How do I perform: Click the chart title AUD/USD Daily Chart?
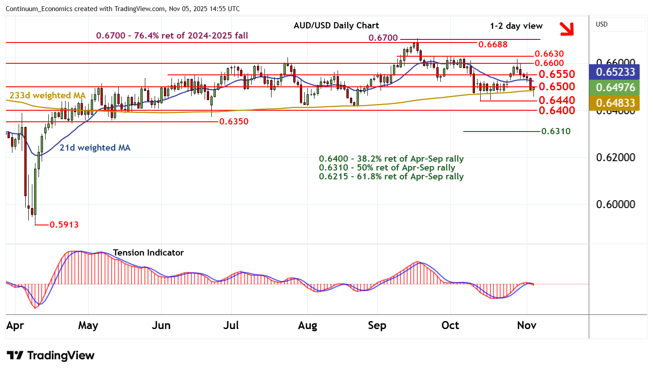336,26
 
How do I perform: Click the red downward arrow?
566,29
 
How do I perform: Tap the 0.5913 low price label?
64,225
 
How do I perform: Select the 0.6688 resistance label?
493,44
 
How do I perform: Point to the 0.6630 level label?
549,54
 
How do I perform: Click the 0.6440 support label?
556,100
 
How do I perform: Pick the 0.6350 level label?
234,121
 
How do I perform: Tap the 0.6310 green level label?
556,131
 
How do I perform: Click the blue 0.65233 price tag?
615,72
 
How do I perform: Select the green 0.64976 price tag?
615,88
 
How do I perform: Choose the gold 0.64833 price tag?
615,103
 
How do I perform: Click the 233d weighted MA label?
47,95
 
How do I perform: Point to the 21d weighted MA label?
95,147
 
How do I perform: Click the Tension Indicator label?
148,252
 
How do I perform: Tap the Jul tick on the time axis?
231,325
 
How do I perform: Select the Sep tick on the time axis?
377,325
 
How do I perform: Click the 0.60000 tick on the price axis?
615,204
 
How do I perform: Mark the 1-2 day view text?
516,26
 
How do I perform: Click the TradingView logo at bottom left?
51,356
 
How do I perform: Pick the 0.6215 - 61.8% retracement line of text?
391,177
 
